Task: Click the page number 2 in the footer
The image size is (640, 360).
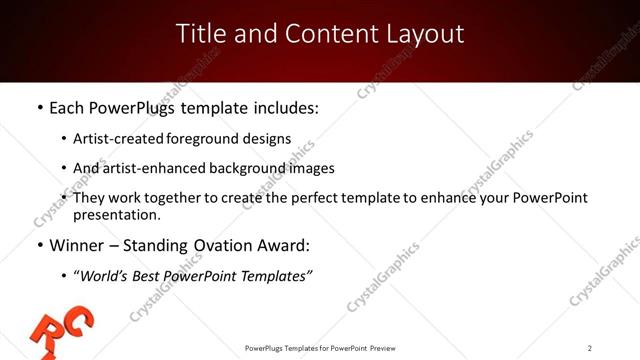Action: pyautogui.click(x=590, y=348)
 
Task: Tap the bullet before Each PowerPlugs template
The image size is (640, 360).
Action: pyautogui.click(x=39, y=105)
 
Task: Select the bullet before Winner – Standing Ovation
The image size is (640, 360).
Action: pyautogui.click(x=39, y=244)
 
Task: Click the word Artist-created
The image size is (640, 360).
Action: pyautogui.click(x=110, y=139)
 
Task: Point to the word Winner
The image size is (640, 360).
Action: pyautogui.click(x=77, y=244)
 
